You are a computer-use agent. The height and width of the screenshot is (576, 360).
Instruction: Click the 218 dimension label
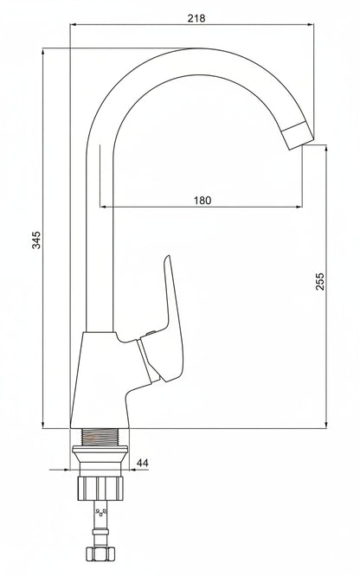point(196,18)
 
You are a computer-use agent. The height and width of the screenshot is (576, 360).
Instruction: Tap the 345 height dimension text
point(36,240)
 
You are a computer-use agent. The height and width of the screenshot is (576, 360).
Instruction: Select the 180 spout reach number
point(202,200)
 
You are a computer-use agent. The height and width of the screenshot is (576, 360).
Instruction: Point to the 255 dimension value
point(320,281)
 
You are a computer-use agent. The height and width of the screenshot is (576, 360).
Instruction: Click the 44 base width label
point(142,463)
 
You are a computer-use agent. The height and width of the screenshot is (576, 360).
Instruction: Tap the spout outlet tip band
point(299,136)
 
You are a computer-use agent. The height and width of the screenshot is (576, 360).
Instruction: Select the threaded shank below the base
point(100,437)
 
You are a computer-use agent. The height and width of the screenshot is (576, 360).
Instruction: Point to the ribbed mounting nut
point(100,488)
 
